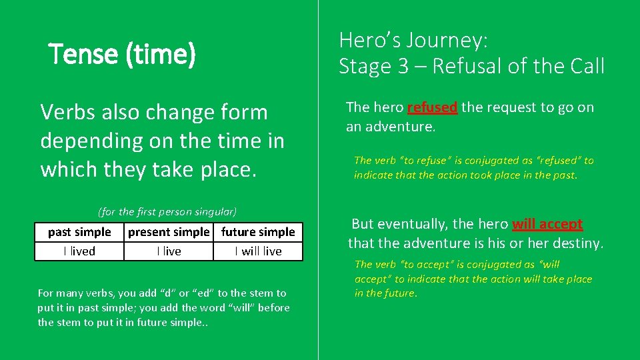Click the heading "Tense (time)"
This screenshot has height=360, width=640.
[123, 54]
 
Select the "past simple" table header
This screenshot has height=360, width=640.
[79, 232]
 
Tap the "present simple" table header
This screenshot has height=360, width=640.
[168, 232]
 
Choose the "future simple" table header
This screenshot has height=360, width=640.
[258, 232]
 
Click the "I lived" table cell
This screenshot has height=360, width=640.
[79, 251]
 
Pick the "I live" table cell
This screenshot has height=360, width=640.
[169, 251]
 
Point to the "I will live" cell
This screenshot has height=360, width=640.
[258, 251]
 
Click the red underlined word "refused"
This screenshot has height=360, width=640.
[432, 107]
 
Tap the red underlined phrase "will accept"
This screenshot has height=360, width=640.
[547, 224]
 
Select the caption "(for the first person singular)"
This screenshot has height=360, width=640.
[167, 212]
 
